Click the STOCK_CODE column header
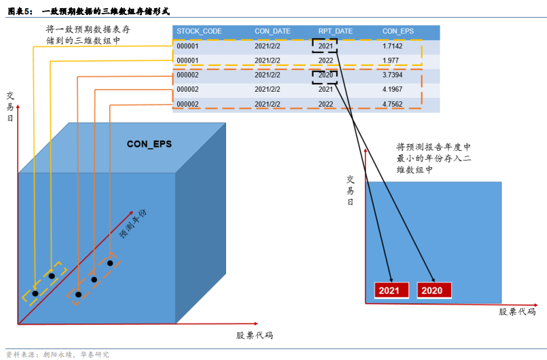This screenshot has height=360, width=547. point(199,31)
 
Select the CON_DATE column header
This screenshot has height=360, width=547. point(272,31)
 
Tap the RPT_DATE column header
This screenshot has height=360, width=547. point(335,31)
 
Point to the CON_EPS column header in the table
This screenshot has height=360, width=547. point(398,31)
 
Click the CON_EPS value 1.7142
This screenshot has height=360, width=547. point(392,46)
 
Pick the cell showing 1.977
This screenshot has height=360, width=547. point(390,60)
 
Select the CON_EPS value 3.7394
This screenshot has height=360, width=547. point(392,75)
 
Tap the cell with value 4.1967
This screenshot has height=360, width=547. point(392,89)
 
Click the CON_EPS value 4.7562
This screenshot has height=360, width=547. point(392,104)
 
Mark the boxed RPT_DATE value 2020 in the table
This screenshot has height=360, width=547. point(325,75)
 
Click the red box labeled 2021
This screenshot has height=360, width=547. point(389,291)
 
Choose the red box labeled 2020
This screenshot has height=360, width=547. point(432,291)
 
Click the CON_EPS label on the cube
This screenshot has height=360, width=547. point(149,144)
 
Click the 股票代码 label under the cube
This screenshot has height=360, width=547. point(254,336)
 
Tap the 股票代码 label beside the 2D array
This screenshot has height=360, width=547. point(517,312)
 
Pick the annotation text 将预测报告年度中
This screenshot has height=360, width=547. point(433,147)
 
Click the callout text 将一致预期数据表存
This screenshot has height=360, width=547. point(88,30)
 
